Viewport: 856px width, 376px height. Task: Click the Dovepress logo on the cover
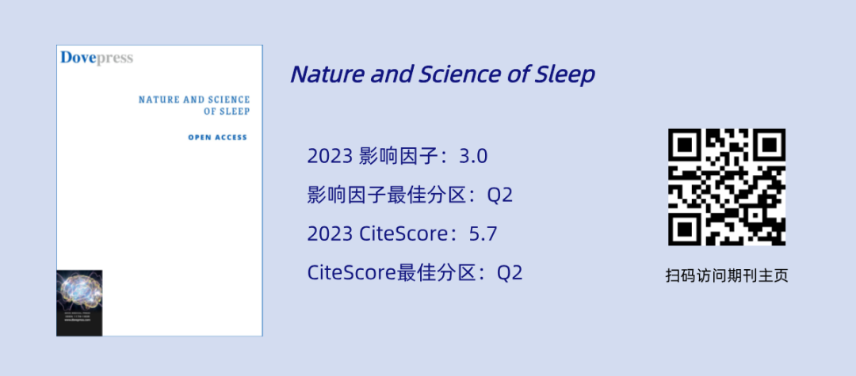click(97, 58)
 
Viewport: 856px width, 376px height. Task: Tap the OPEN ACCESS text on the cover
click(217, 137)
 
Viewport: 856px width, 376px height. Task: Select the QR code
click(727, 187)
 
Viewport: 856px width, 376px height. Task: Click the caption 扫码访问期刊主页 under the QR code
click(727, 276)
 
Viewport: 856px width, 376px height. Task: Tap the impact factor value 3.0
click(473, 156)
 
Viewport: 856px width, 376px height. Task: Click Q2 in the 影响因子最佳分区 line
click(499, 195)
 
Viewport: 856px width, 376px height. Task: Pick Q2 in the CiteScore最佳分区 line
click(510, 273)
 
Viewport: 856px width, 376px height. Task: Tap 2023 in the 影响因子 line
click(329, 156)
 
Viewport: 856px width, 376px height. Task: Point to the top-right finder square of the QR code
click(769, 145)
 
